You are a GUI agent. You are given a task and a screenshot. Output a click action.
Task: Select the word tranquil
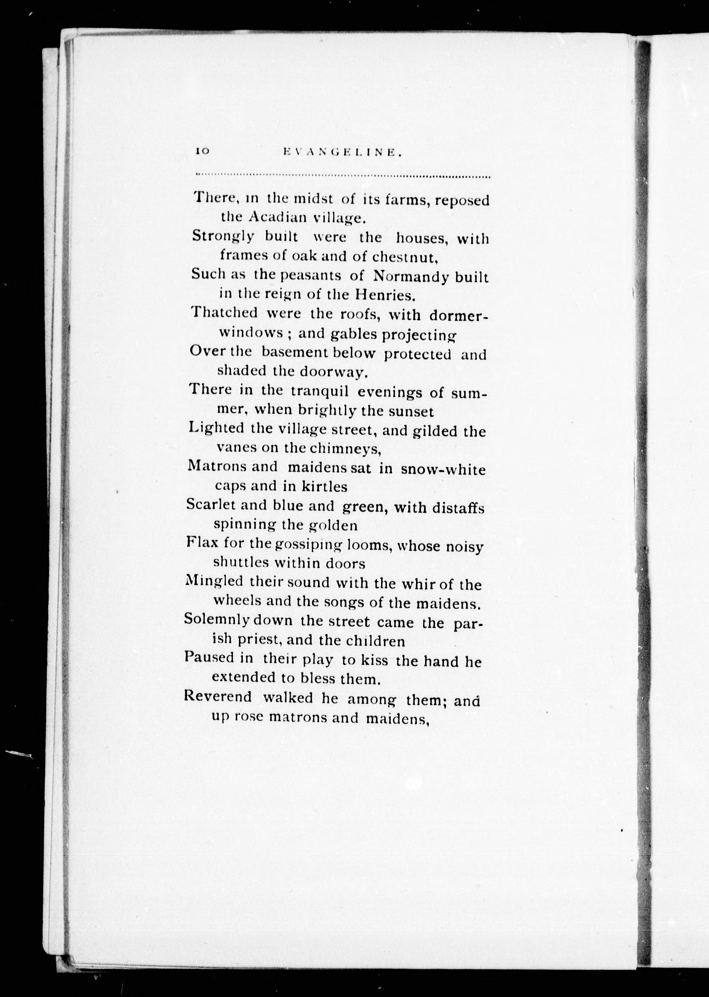(320, 391)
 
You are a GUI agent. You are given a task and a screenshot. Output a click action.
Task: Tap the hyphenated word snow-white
(443, 470)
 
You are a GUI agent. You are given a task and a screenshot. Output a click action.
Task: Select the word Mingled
(214, 583)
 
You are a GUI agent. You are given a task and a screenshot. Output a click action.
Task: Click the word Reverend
(217, 697)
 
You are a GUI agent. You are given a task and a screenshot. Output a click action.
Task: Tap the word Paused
(209, 659)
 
